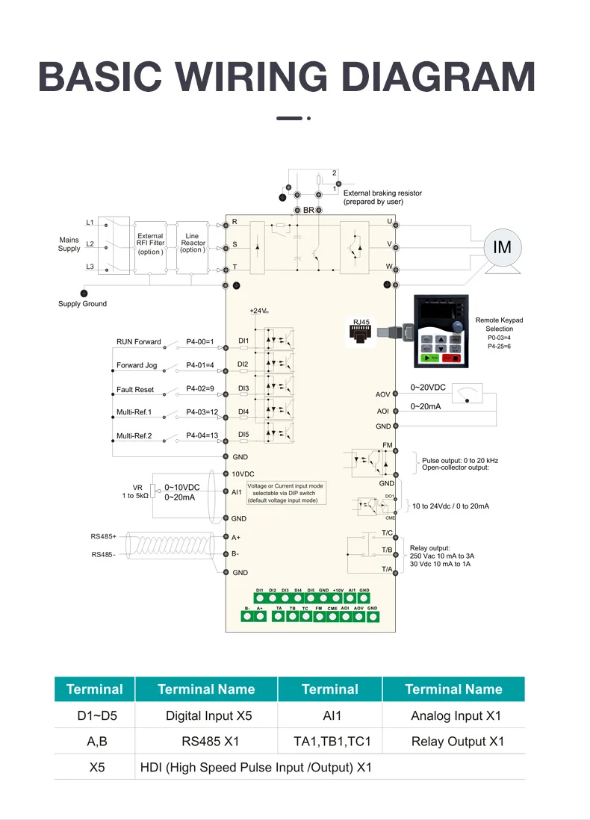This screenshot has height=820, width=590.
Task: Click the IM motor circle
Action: (503, 246)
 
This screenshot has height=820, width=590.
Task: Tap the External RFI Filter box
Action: (150, 243)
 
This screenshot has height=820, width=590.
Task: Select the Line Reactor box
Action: (192, 243)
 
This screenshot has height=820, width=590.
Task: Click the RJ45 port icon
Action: (361, 333)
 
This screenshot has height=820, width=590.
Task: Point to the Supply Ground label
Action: (82, 304)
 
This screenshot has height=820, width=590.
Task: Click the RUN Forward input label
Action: (138, 342)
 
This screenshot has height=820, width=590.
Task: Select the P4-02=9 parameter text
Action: (200, 390)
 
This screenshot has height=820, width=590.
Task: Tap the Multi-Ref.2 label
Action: (134, 436)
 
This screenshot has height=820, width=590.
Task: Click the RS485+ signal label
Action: (104, 536)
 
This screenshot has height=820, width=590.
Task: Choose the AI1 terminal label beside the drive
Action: (237, 491)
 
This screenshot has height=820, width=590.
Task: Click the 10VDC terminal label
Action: (243, 474)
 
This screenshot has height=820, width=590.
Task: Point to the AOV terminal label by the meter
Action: (382, 394)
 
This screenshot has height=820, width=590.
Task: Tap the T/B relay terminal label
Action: (387, 550)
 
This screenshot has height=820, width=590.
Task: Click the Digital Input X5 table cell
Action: (208, 716)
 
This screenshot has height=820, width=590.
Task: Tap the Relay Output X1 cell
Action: (457, 742)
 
